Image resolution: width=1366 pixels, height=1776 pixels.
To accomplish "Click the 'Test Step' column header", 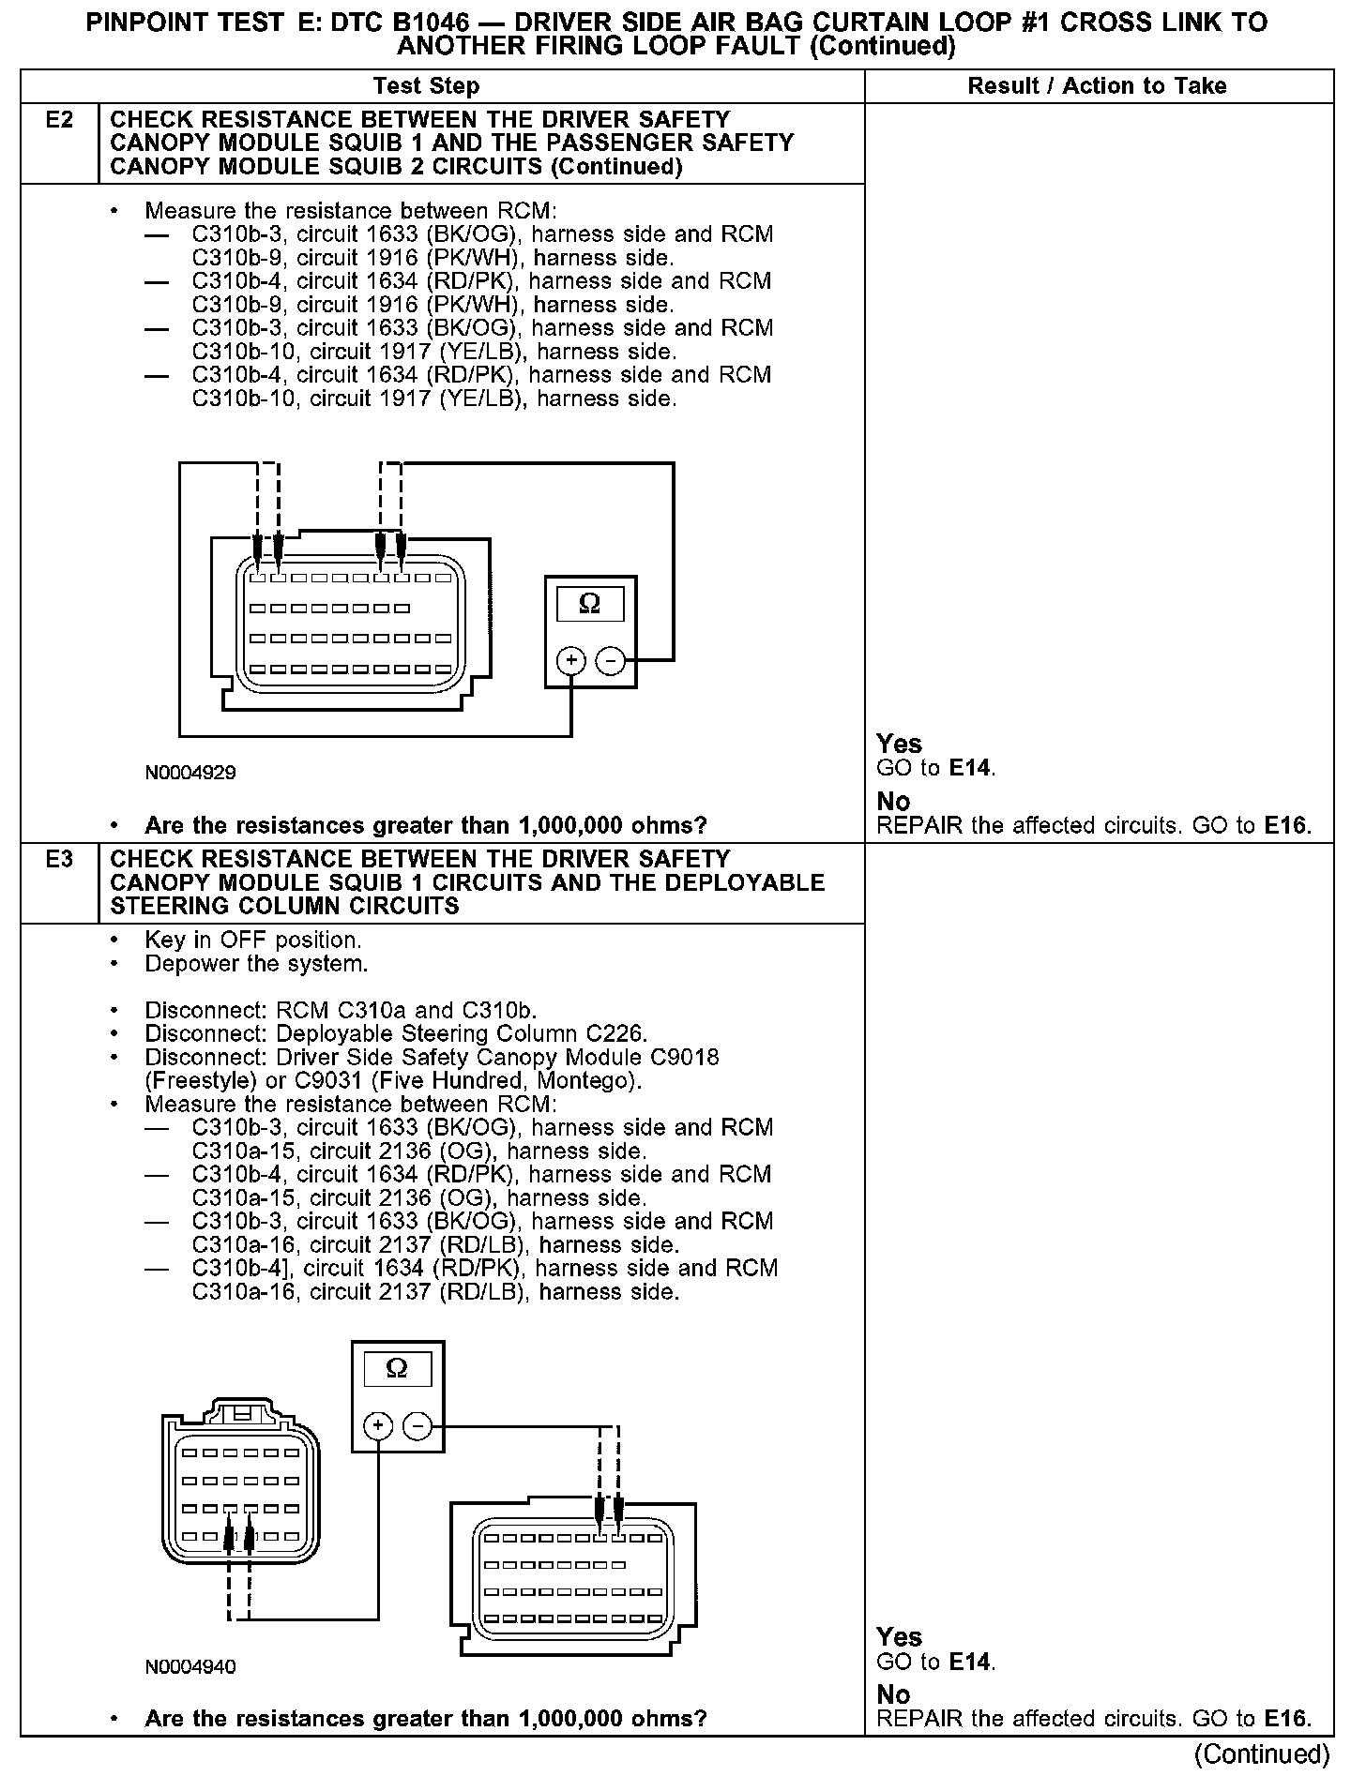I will coord(426,86).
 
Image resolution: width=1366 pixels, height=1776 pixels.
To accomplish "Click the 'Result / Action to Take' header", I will coord(1097,86).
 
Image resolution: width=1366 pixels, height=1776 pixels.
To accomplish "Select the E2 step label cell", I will coord(59,120).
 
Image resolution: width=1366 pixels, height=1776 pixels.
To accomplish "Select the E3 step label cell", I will coord(59,859).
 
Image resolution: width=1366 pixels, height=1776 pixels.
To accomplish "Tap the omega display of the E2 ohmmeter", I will coord(590,603).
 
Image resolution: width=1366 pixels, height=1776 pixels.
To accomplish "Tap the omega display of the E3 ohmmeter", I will coord(397,1368).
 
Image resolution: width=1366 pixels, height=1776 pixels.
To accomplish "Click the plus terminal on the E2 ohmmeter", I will coord(570,661).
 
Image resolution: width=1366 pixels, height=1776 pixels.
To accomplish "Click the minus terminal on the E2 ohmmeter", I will coord(611,661).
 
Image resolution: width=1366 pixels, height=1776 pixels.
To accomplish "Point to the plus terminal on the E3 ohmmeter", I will coord(377,1426).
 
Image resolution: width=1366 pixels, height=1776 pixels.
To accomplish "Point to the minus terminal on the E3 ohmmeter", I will coord(417,1426).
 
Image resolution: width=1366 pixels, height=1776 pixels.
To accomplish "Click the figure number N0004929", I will coord(190,774).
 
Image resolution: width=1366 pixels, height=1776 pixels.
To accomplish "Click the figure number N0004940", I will coord(190,1667).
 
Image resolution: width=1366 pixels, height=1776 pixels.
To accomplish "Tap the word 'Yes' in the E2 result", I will coord(899,744).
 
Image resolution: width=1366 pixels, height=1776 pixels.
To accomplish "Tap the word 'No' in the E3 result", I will coord(893,1694).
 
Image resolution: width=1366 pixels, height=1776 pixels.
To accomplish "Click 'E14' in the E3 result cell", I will coord(969,1663).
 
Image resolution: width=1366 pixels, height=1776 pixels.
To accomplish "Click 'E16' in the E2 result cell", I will coord(1284,826).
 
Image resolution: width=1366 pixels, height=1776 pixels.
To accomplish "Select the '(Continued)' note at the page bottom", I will coord(1262,1753).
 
